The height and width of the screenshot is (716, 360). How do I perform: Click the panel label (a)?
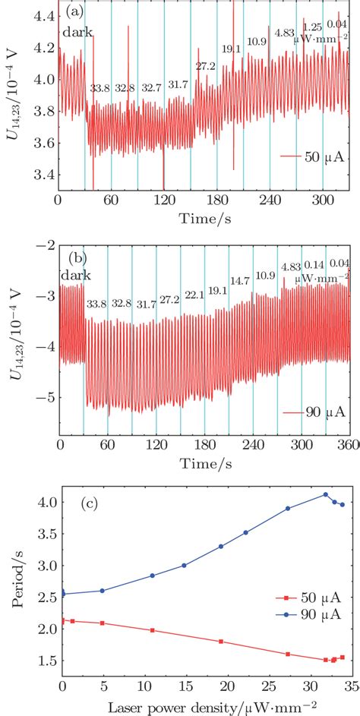[74, 13]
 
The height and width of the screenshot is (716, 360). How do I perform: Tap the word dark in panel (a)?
[77, 33]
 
